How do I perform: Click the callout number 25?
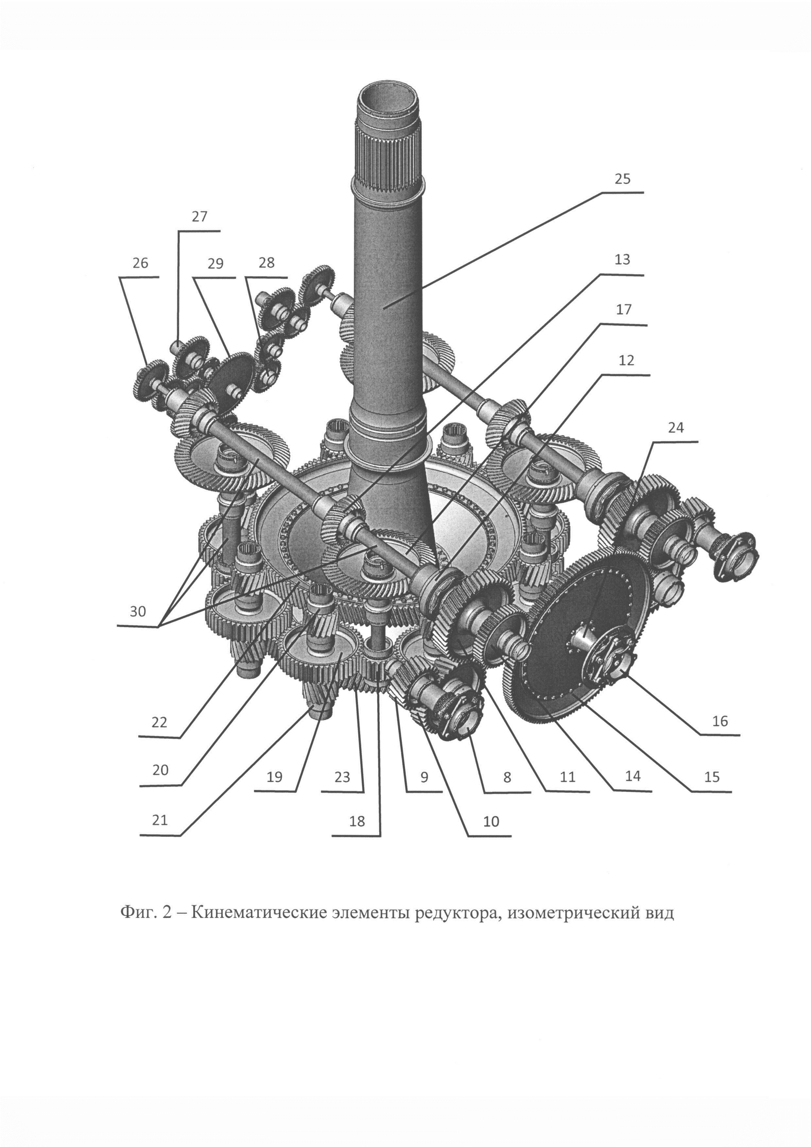622,179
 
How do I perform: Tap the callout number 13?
622,260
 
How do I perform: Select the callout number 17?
624,310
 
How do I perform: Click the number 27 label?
199,217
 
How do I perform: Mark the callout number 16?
720,721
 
